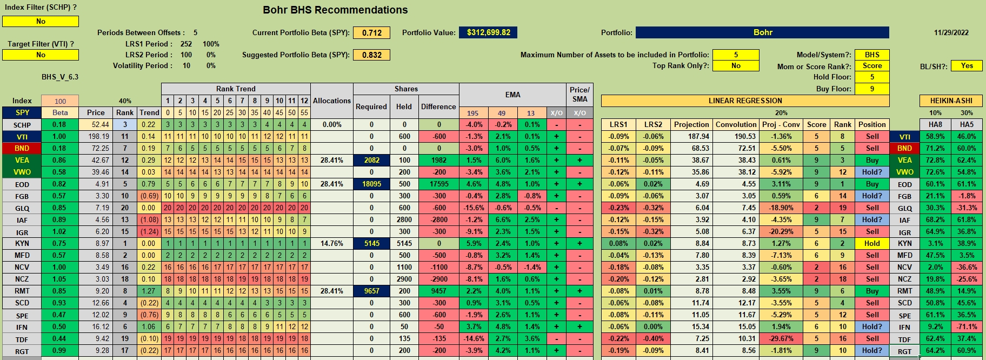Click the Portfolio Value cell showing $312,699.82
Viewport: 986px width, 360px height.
coord(488,32)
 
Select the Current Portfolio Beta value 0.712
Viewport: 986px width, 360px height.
coord(372,33)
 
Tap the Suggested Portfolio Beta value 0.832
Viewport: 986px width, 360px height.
coord(372,55)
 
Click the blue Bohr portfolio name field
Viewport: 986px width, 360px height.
coord(762,32)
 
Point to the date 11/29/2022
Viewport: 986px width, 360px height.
coord(951,32)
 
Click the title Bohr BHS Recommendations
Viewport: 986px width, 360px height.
coord(335,10)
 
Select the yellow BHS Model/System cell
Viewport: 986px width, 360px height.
coord(872,55)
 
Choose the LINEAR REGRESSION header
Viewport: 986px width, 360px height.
coord(745,101)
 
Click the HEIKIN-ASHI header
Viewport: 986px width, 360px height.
coord(951,101)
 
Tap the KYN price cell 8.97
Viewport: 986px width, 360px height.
coord(96,243)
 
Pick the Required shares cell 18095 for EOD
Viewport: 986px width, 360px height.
coord(371,184)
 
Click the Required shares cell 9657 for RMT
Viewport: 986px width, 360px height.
coord(371,291)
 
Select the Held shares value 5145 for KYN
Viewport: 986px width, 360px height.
coord(404,243)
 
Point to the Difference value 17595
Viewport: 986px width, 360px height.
coord(439,184)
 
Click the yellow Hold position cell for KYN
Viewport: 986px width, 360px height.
coord(872,243)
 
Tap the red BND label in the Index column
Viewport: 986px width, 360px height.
coord(22,148)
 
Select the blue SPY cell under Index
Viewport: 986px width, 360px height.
coord(22,112)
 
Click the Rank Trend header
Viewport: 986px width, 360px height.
coord(236,89)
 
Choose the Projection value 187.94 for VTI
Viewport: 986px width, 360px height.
coord(691,136)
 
